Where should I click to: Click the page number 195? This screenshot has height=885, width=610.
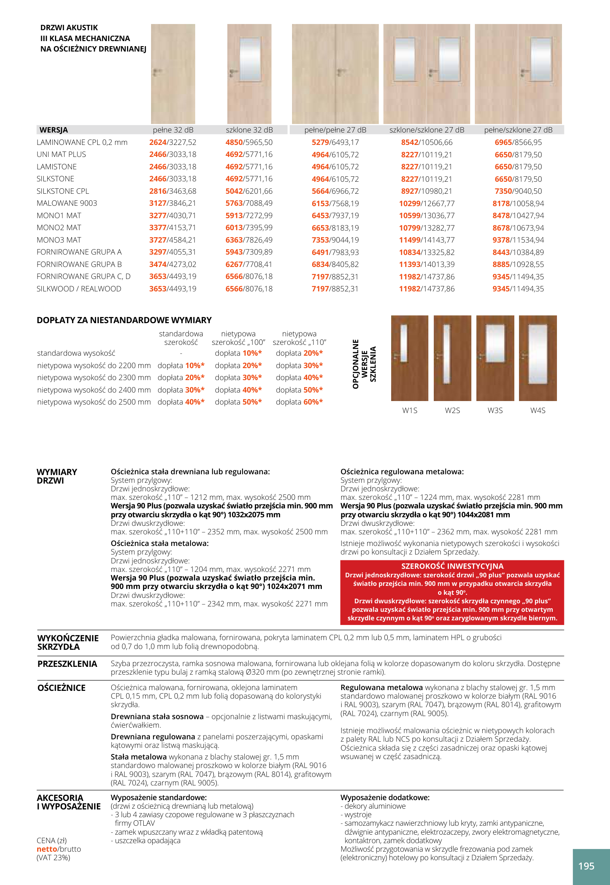coord(586,866)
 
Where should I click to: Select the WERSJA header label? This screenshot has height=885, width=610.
coord(53,130)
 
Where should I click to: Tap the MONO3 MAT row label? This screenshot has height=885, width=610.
coord(59,240)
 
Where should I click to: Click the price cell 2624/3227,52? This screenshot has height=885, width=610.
coord(173,142)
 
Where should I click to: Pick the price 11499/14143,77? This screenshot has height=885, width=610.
coord(426,240)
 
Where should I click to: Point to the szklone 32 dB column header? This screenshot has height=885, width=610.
coord(249,130)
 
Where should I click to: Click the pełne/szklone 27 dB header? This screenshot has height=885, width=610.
coord(518,130)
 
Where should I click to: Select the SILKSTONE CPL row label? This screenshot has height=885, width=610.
coord(63,191)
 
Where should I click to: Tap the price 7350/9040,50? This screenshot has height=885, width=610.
coord(518,191)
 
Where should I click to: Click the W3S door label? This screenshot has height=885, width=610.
coord(495,410)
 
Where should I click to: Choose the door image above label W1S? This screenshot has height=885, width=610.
coord(409,358)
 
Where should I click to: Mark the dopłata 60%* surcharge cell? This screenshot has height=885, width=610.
coord(299,402)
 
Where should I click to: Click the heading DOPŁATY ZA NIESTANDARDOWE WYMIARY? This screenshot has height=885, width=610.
coord(124,320)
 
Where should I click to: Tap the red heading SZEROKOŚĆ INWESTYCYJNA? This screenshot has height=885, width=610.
coord(452,566)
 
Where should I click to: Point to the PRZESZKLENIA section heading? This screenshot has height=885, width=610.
coord(67,664)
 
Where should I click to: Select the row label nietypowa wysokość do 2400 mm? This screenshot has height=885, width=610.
coord(94,390)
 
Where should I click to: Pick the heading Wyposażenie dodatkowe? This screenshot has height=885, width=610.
coord(385,797)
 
